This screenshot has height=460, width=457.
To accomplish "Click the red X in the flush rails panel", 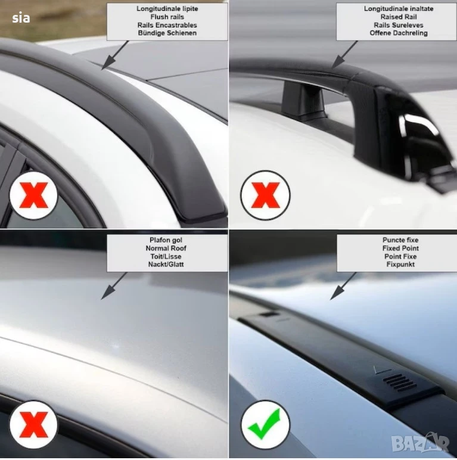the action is click(x=33, y=195).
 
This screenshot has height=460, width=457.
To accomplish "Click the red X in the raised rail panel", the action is click(x=266, y=195).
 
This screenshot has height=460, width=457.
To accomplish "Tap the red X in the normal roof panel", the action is click(x=33, y=424).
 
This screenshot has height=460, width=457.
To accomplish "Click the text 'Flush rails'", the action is click(x=167, y=17).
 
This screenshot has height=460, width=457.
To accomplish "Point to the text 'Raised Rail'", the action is click(x=399, y=17).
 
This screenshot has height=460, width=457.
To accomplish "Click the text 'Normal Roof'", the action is click(x=166, y=248).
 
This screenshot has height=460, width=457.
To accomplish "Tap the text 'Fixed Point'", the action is click(x=400, y=248).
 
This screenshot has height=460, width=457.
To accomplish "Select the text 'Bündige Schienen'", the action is click(x=167, y=33).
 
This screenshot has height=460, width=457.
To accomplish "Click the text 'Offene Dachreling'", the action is click(x=399, y=33).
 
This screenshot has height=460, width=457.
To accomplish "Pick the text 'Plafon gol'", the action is click(x=166, y=240).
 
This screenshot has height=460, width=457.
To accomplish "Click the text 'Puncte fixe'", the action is click(x=400, y=240).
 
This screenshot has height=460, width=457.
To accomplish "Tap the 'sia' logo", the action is click(x=21, y=18).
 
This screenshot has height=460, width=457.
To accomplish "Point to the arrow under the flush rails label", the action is click(x=115, y=55).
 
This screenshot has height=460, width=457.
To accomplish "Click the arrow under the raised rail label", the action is click(x=344, y=55).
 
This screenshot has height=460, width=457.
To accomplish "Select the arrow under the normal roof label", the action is click(x=114, y=286).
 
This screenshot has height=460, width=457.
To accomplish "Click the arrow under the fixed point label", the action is click(x=343, y=286).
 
